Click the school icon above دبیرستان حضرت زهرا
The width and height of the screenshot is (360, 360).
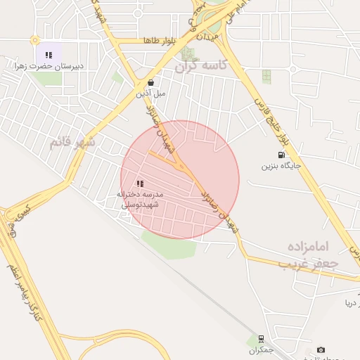point(49,54)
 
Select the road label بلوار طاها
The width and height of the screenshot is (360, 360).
point(158,42)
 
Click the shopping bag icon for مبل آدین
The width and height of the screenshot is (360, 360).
point(150,82)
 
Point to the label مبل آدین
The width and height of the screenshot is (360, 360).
point(151,93)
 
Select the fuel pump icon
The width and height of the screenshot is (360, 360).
point(281,155)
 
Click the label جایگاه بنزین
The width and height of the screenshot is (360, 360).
point(281,167)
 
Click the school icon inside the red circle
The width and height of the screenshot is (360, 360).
point(140,184)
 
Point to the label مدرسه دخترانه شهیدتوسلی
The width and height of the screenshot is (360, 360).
point(140,199)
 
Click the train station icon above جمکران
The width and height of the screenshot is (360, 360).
point(261,338)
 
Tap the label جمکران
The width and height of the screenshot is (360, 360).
point(261,349)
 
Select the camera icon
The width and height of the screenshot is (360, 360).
point(321,349)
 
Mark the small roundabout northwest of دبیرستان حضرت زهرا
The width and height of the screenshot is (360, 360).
point(34,41)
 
